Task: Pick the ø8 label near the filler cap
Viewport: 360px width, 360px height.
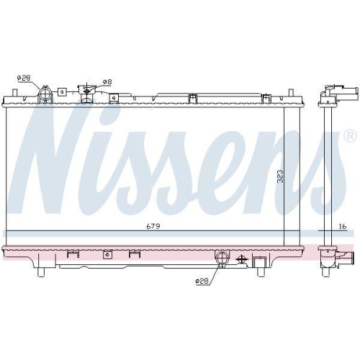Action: click(x=107, y=81)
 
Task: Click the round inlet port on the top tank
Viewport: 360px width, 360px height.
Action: click(x=46, y=95)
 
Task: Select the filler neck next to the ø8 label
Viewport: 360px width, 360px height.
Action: click(x=89, y=91)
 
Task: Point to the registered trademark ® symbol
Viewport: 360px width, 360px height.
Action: click(x=349, y=136)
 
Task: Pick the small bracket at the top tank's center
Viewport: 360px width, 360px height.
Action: click(x=192, y=97)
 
